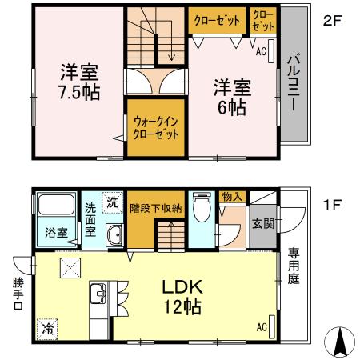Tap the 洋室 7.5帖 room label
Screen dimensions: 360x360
(78, 82)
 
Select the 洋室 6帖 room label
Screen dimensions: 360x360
(232, 97)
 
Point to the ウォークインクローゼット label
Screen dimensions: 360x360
(156, 127)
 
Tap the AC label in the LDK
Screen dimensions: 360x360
(262, 326)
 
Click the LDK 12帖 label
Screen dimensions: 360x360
(186, 296)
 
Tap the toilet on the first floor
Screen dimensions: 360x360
(201, 209)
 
